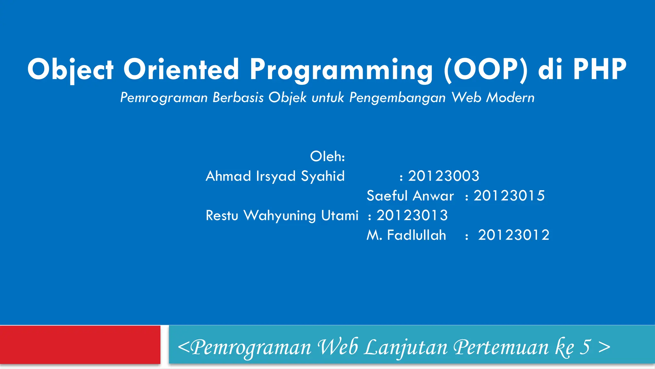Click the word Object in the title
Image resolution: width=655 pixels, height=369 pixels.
pos(70,69)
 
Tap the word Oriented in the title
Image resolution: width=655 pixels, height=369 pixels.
pos(181,69)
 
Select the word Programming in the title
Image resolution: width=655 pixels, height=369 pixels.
pos(341,69)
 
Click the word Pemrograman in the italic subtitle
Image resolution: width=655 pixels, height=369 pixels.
pos(164,97)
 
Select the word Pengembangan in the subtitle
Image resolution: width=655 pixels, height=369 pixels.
pos(397,97)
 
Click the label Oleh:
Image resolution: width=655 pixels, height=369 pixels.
pos(327,157)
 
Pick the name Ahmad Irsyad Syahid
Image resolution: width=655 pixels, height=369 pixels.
pos(275,176)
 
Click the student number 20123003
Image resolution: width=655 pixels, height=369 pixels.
pos(444,176)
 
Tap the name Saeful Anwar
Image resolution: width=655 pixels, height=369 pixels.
pos(410,196)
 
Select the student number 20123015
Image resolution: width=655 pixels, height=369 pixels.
pos(509,196)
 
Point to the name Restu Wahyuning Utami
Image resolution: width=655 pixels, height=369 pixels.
pos(282,215)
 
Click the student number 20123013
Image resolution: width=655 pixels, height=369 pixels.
pos(412,215)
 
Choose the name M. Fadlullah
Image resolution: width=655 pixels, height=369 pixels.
pos(406,235)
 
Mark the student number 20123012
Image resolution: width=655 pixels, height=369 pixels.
pos(514,235)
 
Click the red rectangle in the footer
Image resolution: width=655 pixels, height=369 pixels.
pos(80,345)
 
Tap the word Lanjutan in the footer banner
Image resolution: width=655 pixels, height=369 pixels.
pos(406,347)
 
